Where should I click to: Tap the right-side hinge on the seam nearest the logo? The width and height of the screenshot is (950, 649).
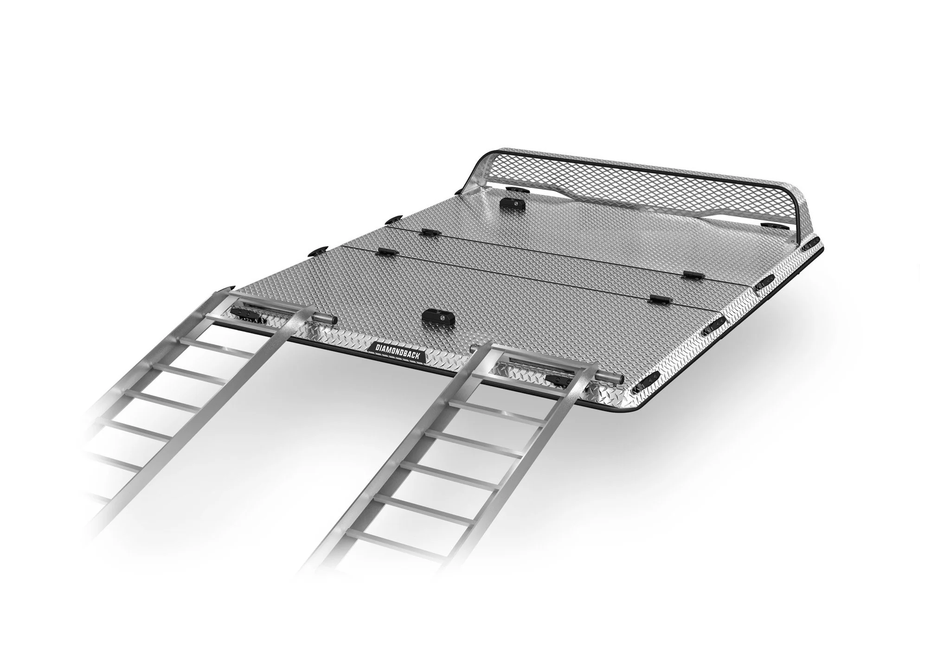(659, 300)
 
